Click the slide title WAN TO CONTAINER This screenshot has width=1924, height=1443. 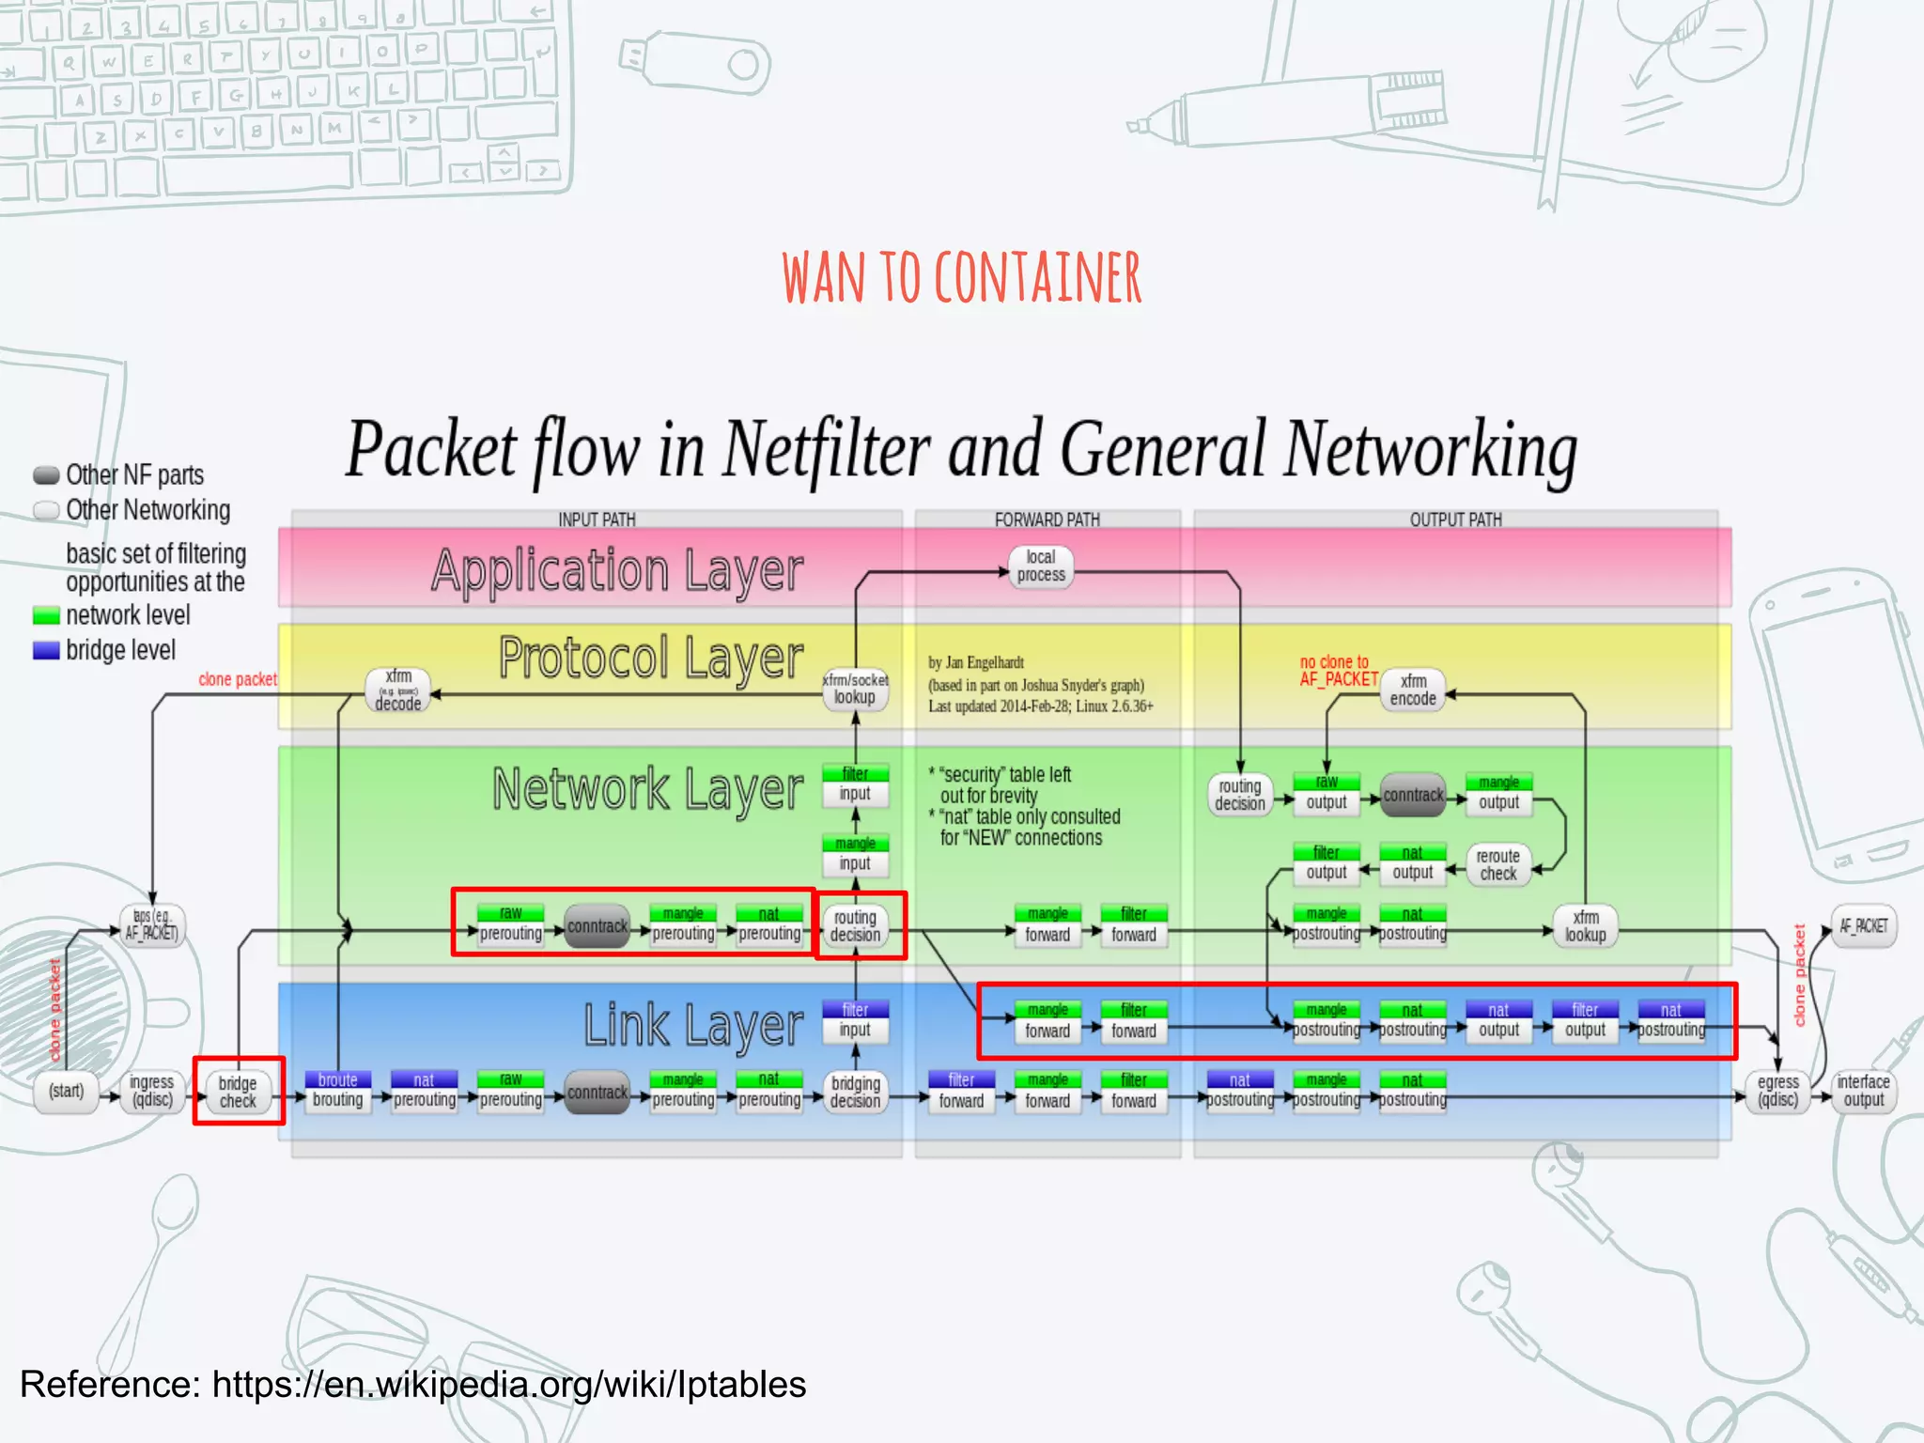pyautogui.click(x=961, y=278)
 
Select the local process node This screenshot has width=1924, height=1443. pyautogui.click(x=1041, y=566)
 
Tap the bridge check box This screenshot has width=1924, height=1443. pyautogui.click(x=238, y=1092)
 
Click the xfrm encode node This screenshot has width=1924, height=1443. pyautogui.click(x=1413, y=690)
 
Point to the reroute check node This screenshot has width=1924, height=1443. pyautogui.click(x=1497, y=864)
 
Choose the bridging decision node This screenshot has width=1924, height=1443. pyautogui.click(x=855, y=1092)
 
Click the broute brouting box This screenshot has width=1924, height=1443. pyautogui.click(x=337, y=1091)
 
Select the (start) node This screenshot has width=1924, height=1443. pyautogui.click(x=66, y=1092)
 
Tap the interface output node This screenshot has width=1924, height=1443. pyautogui.click(x=1863, y=1091)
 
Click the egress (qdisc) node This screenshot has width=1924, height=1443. pyautogui.click(x=1777, y=1092)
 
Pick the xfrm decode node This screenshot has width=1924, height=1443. pyautogui.click(x=398, y=690)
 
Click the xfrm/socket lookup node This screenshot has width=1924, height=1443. pyautogui.click(x=855, y=689)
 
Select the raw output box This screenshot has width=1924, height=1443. pyautogui.click(x=1326, y=794)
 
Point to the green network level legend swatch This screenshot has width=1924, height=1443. pyautogui.click(x=46, y=616)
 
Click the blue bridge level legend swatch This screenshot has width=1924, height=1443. pyautogui.click(x=46, y=650)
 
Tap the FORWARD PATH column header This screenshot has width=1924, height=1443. pyautogui.click(x=1047, y=520)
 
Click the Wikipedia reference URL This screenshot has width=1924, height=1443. pyautogui.click(x=508, y=1384)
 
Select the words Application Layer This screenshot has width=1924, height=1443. pyautogui.click(x=617, y=570)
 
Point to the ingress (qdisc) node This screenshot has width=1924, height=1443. pyautogui.click(x=151, y=1092)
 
